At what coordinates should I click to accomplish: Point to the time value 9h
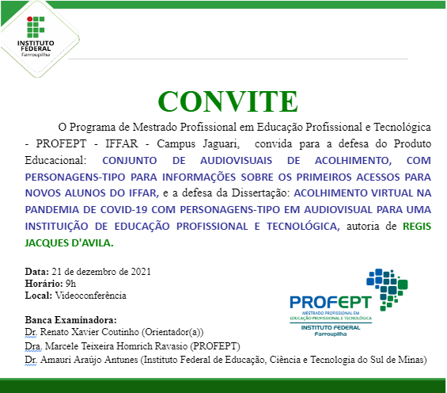click(x=70, y=283)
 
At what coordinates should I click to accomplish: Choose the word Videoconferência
click(x=90, y=296)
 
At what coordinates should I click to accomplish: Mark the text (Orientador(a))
click(x=168, y=333)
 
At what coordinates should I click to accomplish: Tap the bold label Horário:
click(x=43, y=283)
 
